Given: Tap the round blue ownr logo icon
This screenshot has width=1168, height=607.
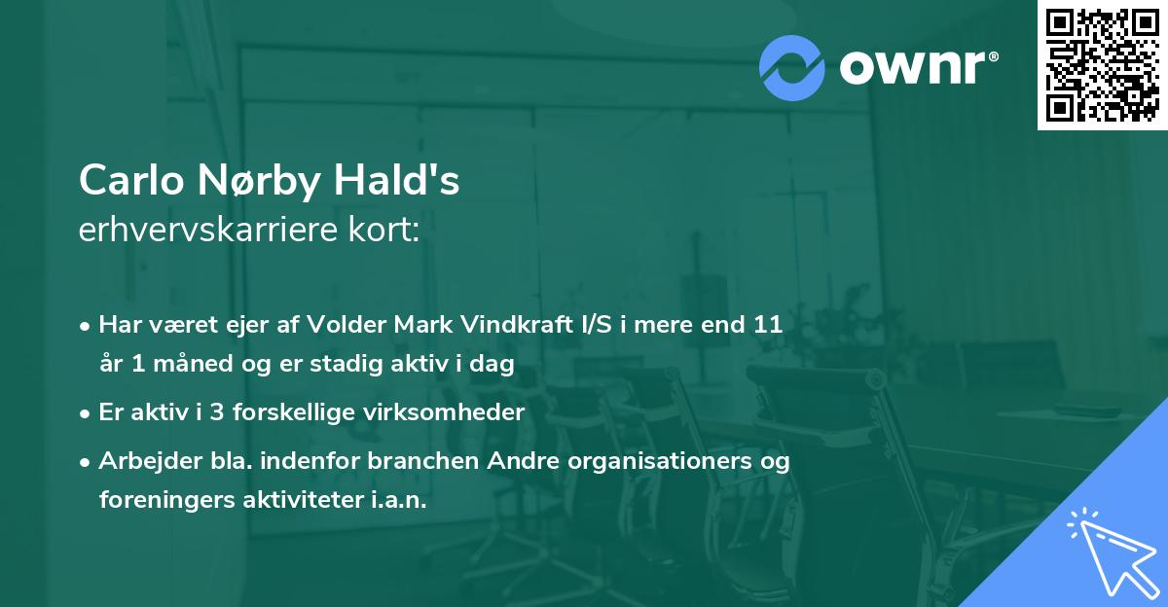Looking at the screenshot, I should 792,67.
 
